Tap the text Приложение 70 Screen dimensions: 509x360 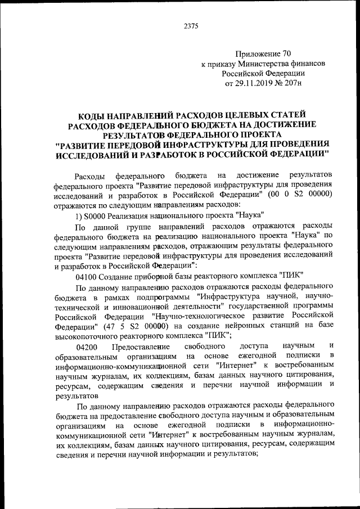click(x=263, y=55)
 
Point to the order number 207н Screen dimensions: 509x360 click(x=294, y=83)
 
